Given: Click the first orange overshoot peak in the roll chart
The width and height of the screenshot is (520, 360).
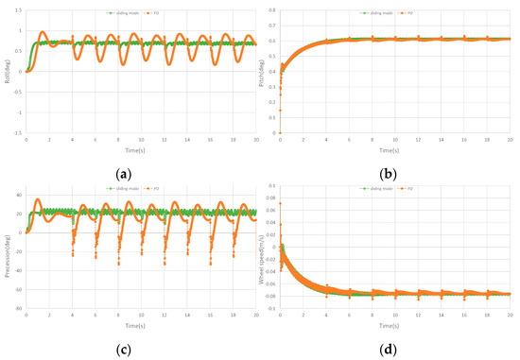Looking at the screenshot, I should click(42, 33).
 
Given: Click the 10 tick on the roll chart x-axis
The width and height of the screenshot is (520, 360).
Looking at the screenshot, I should click(142, 141).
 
